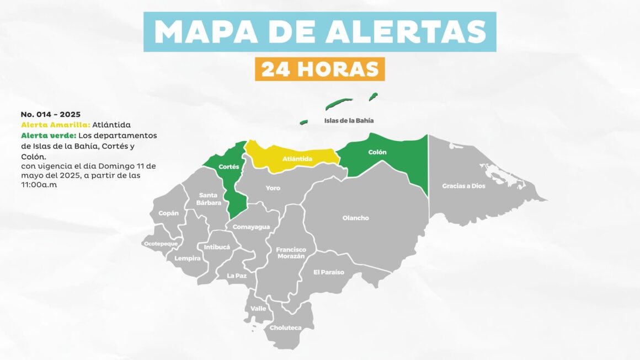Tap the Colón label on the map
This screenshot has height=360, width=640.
377,152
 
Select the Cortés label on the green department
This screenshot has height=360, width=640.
228,166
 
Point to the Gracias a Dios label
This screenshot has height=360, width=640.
463,186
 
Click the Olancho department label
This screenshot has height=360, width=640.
355,218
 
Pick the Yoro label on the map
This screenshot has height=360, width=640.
273,188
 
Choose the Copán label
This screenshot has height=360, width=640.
168,213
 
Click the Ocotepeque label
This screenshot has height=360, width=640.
161,243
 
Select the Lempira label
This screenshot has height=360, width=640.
187,258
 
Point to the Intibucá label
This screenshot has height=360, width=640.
217,247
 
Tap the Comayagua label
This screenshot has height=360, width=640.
251,227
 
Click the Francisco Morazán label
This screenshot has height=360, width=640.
291,253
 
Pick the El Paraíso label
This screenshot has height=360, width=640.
328,272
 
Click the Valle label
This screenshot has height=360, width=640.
258,308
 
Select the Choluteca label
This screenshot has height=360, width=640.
285,328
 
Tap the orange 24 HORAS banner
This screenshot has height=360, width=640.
319,69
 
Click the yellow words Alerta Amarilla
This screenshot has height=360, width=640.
55,125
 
